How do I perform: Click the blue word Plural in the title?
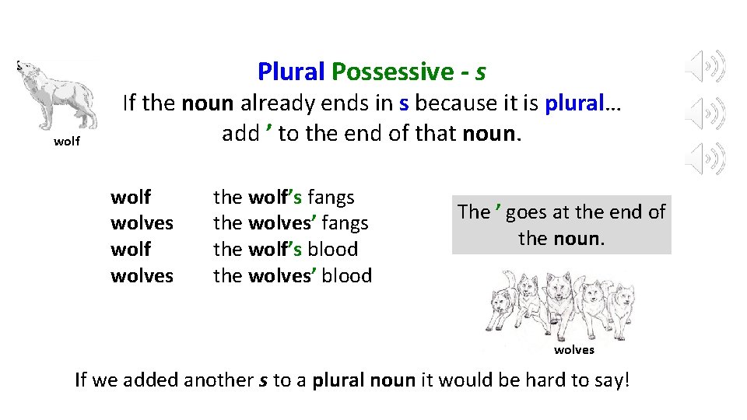(x=291, y=72)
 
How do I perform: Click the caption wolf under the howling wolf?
(x=67, y=142)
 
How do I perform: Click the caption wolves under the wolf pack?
(x=573, y=350)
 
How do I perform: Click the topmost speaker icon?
(x=706, y=67)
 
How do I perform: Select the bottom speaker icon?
(x=706, y=159)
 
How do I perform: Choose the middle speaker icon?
(x=706, y=114)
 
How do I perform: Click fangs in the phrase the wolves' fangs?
(x=344, y=224)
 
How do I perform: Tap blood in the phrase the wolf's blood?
(x=332, y=250)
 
